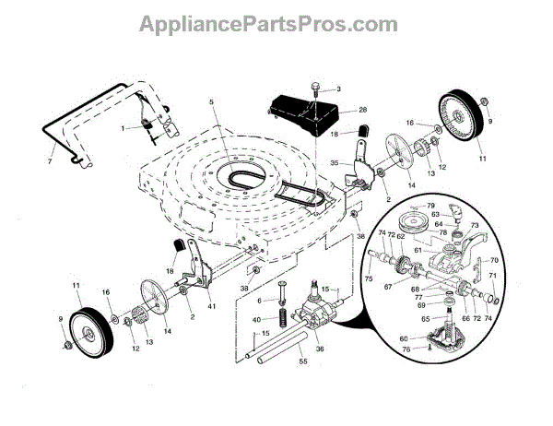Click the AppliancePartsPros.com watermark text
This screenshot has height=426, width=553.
pos(276,20)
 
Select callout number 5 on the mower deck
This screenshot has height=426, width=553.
pos(211,102)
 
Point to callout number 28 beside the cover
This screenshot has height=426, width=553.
pos(337,110)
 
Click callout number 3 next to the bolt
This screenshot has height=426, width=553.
pos(337,89)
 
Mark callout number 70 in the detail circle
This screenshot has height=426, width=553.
pos(494,261)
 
